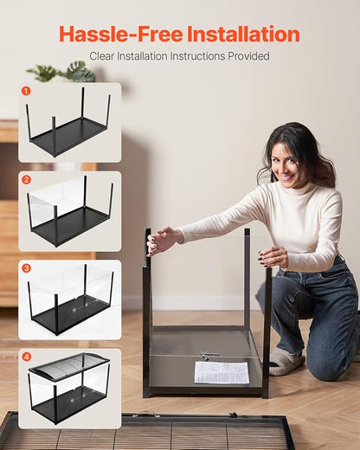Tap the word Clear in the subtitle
[x=106, y=56]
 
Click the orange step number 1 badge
[x=26, y=90]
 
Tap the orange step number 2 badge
[x=26, y=179]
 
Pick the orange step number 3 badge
[x=26, y=268]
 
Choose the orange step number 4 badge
[x=26, y=357]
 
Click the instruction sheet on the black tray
[x=222, y=372]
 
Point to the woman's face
[x=287, y=161]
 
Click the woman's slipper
[x=286, y=361]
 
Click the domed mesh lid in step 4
[x=69, y=366]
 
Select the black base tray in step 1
[x=69, y=136]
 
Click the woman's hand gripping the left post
[x=161, y=240]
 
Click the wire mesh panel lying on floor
[x=147, y=432]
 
